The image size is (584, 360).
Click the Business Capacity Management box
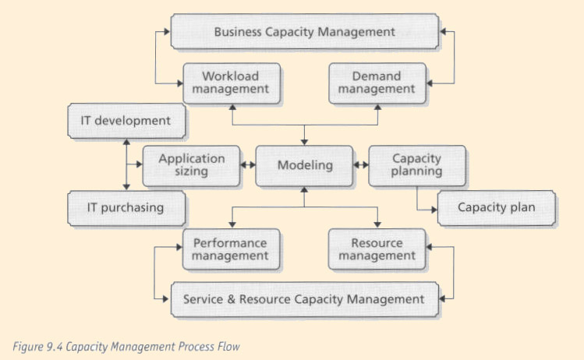click(305, 32)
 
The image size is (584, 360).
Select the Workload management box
click(232, 83)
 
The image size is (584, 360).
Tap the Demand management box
click(377, 83)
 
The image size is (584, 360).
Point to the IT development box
click(126, 121)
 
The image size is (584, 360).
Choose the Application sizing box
click(192, 166)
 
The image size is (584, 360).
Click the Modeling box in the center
click(304, 166)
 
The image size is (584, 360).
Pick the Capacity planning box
click(417, 166)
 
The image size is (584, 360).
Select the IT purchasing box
click(126, 209)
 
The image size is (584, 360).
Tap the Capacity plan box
click(497, 209)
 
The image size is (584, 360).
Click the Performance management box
click(232, 249)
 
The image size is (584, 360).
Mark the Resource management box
click(377, 249)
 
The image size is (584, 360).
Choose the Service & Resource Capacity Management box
click(305, 300)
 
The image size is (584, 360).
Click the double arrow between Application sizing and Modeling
click(248, 164)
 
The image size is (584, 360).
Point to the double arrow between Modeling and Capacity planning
click(361, 164)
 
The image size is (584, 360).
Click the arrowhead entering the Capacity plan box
click(434, 210)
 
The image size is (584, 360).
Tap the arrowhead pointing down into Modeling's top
click(304, 143)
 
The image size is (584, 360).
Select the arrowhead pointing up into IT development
click(126, 143)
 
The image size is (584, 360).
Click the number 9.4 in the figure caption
click(55, 347)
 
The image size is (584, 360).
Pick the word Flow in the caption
click(228, 347)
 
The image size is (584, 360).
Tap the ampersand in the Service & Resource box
click(232, 299)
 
